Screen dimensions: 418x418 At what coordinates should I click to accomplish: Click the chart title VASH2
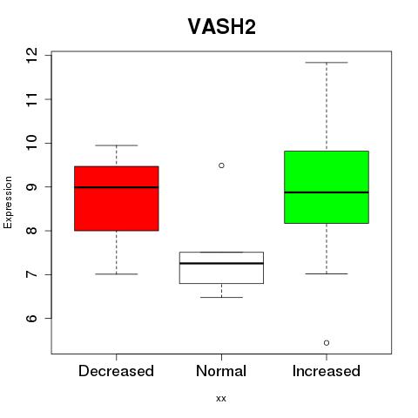(x=222, y=26)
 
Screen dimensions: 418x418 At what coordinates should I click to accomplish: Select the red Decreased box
(x=117, y=199)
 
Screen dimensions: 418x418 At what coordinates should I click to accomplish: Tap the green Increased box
(x=327, y=187)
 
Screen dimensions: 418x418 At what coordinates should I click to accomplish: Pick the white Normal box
(x=221, y=267)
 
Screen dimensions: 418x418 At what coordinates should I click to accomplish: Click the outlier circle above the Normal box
(x=221, y=165)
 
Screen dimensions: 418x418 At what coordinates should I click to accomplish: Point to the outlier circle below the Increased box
(x=327, y=343)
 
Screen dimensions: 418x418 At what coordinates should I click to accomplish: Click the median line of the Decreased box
(x=117, y=187)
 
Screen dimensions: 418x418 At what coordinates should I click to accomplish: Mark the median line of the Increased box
(x=327, y=192)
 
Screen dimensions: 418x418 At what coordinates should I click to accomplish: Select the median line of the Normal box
(x=221, y=263)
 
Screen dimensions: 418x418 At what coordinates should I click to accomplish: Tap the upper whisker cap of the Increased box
(x=327, y=63)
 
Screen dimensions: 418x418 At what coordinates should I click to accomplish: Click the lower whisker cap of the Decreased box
(x=117, y=274)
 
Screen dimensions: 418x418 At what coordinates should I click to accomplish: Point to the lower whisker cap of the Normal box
(x=221, y=297)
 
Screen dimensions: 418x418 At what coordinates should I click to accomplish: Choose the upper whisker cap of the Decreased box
(x=117, y=145)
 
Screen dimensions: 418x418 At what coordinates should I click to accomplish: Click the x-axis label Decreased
(x=116, y=371)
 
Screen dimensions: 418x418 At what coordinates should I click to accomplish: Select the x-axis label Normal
(x=221, y=371)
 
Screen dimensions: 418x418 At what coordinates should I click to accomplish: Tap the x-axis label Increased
(x=327, y=371)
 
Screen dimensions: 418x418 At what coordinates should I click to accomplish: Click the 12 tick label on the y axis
(x=31, y=56)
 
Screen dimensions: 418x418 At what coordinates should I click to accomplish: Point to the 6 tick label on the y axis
(x=31, y=319)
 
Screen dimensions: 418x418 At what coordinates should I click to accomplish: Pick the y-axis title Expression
(x=8, y=202)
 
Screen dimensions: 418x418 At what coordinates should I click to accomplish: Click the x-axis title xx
(x=221, y=399)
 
